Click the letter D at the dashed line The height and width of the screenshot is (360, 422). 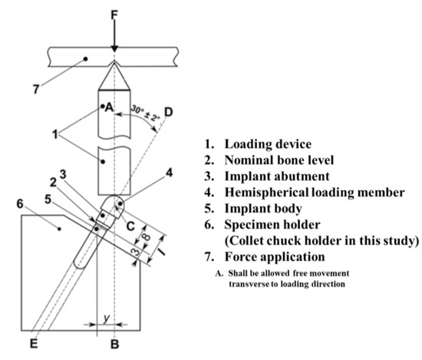(x=168, y=112)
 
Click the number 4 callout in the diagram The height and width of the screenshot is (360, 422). (x=167, y=183)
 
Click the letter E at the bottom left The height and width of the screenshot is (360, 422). (x=31, y=345)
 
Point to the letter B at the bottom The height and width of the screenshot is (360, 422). (x=114, y=345)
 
